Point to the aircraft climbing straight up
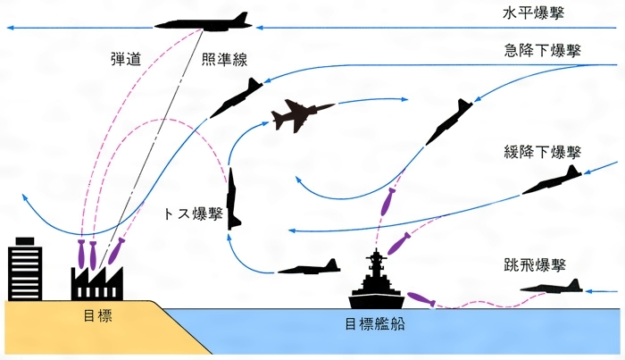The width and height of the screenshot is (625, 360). pyautogui.click(x=234, y=197)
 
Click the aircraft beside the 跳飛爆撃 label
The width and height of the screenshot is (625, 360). pyautogui.click(x=551, y=286)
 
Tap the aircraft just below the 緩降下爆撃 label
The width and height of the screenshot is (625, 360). pyautogui.click(x=552, y=182)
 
